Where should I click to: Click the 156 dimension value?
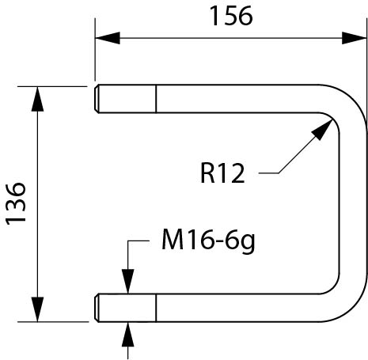tap(231, 16)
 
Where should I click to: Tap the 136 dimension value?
tap(16, 203)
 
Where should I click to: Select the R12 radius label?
tap(222, 173)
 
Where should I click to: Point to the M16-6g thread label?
tap(208, 241)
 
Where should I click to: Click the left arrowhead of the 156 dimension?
tap(108, 38)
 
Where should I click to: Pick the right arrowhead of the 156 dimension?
tap(354, 38)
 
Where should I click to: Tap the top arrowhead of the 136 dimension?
tap(37, 99)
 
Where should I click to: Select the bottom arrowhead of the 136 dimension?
tap(37, 309)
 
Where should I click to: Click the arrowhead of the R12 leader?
tap(322, 130)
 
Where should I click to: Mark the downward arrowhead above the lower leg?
tap(128, 281)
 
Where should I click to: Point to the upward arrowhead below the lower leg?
tap(128, 334)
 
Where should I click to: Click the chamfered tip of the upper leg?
tap(97, 99)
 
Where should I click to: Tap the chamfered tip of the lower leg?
tap(97, 308)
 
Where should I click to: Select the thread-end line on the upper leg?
tap(156, 99)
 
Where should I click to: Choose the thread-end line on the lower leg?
tap(156, 308)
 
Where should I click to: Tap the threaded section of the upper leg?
tap(126, 99)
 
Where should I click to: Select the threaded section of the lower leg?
tap(126, 308)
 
